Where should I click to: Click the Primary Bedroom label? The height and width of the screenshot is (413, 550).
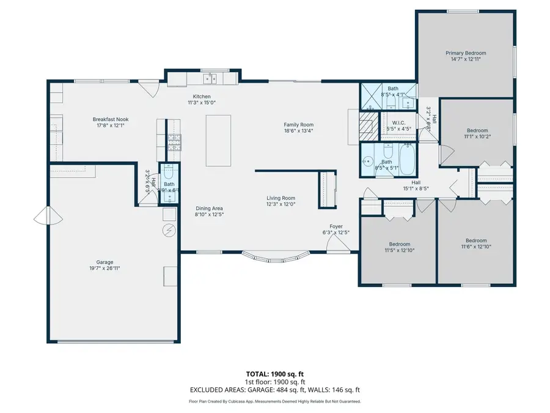(x=465, y=53)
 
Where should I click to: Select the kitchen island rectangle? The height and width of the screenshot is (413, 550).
(x=218, y=140)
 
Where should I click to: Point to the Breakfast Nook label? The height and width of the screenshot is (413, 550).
(x=111, y=119)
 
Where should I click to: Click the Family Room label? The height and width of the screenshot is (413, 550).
(x=298, y=125)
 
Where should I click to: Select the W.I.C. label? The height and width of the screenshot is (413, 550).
(x=401, y=122)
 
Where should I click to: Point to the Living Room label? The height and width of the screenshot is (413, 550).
(x=280, y=198)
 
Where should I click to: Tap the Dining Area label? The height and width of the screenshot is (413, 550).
(x=210, y=208)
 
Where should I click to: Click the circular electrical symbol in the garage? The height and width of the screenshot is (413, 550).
(x=169, y=230)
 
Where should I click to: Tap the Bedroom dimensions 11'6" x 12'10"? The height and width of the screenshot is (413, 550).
(x=476, y=247)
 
